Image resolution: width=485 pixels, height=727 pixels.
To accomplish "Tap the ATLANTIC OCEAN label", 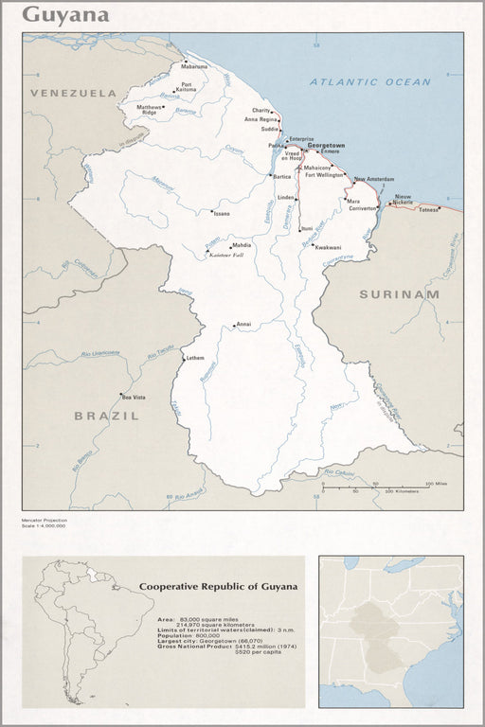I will (369, 82).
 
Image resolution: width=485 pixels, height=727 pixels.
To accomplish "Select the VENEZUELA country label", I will (73, 93).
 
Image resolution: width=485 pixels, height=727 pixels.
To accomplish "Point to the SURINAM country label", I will (399, 294).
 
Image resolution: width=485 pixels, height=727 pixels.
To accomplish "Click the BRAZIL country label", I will (107, 415).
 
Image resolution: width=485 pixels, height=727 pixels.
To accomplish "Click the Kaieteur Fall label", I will (227, 256).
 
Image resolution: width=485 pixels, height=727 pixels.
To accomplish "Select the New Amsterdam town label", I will (373, 179).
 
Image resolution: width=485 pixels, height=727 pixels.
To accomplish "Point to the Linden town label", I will (286, 197).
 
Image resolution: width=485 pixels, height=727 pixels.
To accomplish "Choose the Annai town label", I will (243, 324).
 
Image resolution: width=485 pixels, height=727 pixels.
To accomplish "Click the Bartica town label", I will (282, 176).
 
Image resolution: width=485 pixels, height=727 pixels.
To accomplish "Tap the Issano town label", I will (222, 214).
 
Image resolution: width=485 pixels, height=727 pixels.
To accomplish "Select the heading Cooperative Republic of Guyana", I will (218, 586).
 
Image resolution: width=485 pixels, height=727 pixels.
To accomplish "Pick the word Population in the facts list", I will (175, 634).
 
